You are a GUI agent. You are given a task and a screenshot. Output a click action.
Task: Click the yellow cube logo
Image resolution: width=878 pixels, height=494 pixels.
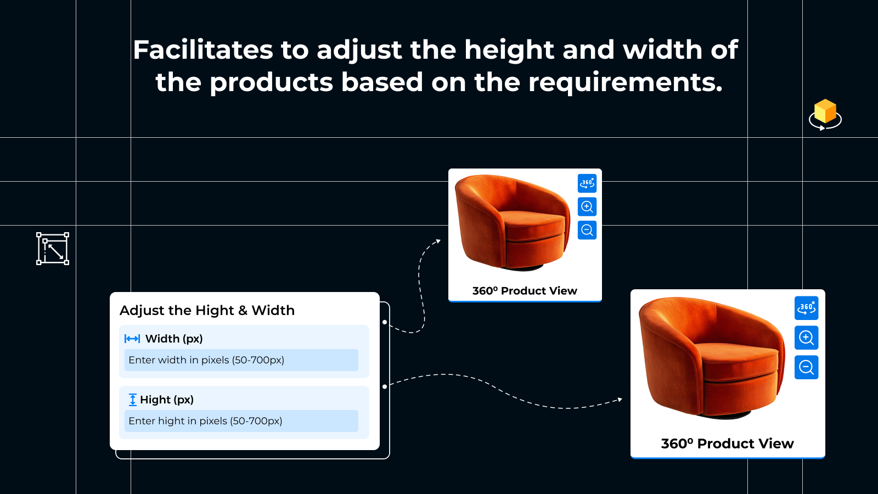pos(825,114)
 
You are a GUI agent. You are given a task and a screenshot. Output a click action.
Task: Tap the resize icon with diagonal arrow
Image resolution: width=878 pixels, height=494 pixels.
pos(53,249)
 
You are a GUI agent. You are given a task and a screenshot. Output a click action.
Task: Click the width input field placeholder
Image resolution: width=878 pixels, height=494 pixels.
pos(206,360)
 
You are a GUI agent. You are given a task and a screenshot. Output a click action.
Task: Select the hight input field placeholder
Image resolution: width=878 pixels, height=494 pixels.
pos(205,420)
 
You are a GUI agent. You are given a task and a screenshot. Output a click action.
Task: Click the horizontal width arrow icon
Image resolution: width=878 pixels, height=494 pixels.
pos(132,339)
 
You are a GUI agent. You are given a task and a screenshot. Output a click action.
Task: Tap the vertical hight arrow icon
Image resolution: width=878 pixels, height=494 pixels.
pos(132,400)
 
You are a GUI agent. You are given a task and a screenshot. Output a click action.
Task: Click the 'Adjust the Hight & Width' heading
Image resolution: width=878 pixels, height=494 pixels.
pos(207,310)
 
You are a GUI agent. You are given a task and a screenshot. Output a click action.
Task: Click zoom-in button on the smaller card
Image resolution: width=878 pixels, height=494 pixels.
pos(587,206)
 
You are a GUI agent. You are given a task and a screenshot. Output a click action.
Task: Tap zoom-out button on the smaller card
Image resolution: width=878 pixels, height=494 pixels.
pos(587,230)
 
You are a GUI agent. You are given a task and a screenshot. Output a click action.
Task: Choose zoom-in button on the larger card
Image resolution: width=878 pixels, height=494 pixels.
pos(806,338)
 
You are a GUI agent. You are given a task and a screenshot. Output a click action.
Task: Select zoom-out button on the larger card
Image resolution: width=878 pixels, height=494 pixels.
pos(806,367)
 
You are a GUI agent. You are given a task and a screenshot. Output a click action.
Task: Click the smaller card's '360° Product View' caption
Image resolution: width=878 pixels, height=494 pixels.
pos(525,290)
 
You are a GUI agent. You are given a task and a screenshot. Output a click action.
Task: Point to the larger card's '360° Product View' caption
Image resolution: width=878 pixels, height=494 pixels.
pos(728,444)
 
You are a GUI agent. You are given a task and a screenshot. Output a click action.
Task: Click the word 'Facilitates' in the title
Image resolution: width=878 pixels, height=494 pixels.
pos(202,50)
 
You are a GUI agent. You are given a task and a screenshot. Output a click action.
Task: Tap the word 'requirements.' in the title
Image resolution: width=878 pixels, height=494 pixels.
pos(625,83)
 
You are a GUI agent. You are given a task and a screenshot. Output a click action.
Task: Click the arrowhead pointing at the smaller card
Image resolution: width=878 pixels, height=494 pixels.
pos(438,241)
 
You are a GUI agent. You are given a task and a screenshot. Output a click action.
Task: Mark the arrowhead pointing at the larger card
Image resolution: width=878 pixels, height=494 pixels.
pos(620,400)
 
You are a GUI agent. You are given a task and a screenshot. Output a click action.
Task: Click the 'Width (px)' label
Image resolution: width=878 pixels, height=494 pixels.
pos(174,339)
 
